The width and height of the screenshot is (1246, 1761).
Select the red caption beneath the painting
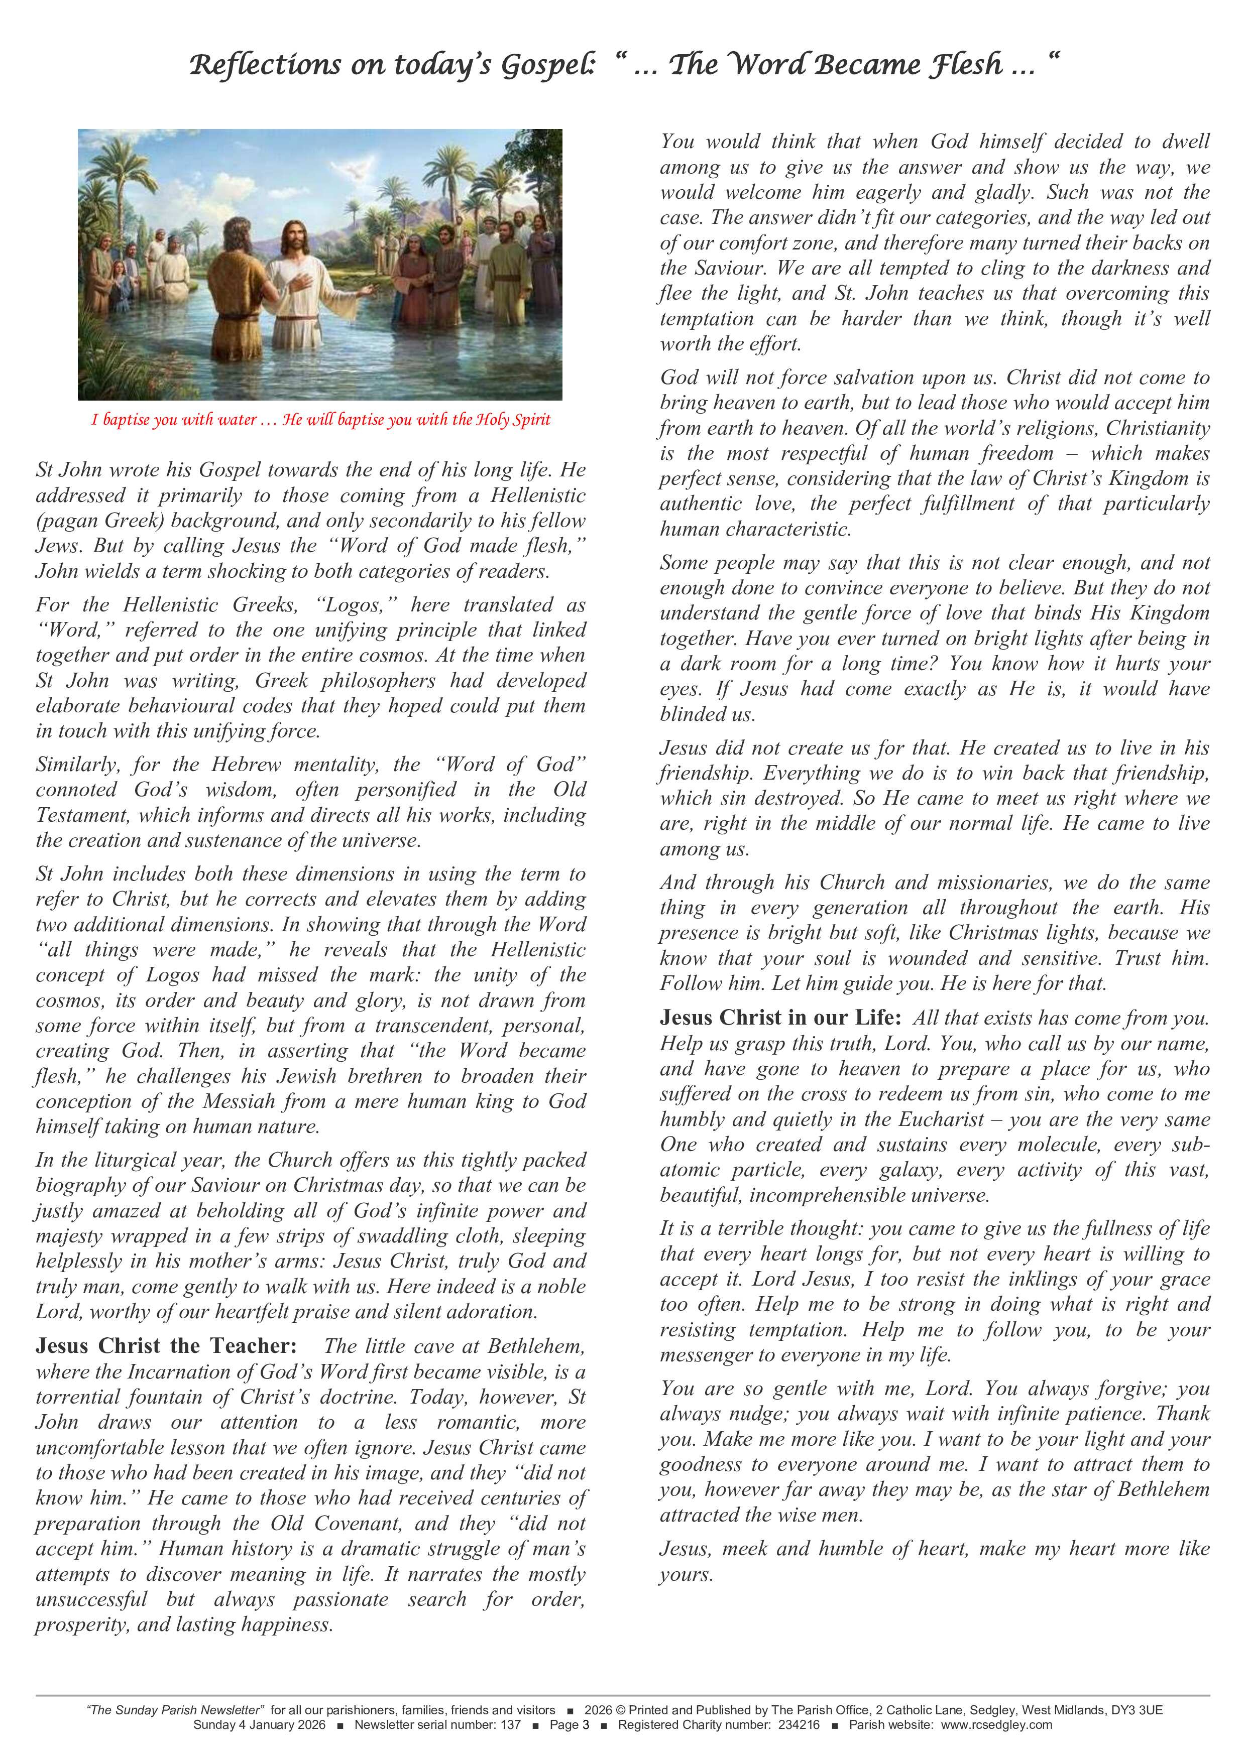(321, 420)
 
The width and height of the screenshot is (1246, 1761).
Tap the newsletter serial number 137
(511, 1725)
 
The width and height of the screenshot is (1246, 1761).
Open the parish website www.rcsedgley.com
(996, 1725)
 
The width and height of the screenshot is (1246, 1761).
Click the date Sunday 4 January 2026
(259, 1725)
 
